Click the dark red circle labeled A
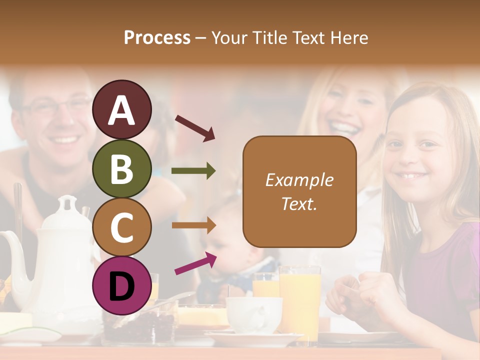click(121, 109)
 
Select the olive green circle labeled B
click(121, 169)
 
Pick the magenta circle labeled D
click(121, 285)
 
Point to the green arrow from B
click(193, 171)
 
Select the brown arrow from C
click(193, 225)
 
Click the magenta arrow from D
click(195, 263)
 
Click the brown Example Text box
click(299, 191)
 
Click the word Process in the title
click(157, 37)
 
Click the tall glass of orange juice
click(299, 300)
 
